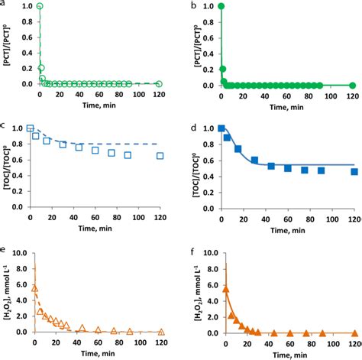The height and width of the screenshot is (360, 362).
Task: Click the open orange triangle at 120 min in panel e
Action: pyautogui.click(x=161, y=332)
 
